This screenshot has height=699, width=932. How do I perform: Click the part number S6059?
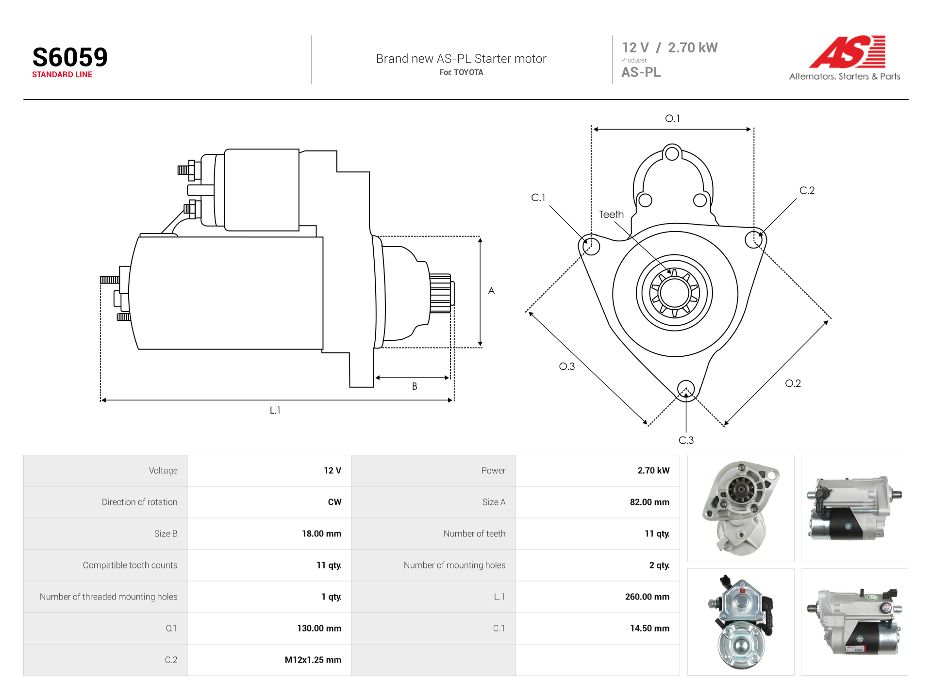(70, 57)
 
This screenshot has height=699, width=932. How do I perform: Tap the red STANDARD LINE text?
(62, 75)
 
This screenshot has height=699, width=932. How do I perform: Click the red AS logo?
(847, 51)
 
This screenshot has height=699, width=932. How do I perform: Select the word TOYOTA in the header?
(468, 72)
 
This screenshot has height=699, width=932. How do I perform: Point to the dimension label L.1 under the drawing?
(275, 410)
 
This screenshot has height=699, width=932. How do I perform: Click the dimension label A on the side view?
(491, 291)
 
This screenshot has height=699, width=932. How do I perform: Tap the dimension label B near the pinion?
(415, 386)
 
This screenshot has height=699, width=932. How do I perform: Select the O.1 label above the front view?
(672, 118)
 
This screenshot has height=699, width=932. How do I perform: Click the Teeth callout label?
(611, 215)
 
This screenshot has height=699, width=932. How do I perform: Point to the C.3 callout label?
(686, 440)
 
